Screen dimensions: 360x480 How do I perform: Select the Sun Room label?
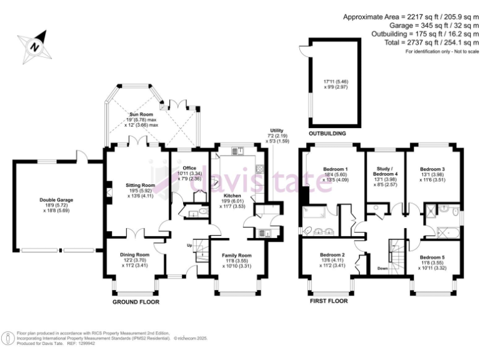142,115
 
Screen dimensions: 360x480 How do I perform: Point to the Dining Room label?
135,255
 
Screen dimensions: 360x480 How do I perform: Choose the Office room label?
189,168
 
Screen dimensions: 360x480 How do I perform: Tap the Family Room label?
236,255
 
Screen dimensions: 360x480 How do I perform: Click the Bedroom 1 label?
335,170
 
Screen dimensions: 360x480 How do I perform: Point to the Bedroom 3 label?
432,169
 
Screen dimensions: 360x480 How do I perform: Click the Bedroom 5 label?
432,257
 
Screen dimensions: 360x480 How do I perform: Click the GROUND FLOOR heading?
136,302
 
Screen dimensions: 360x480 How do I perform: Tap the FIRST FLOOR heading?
329,301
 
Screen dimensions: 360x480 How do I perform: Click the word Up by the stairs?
190,245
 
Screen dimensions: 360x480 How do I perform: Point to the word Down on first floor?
383,269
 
